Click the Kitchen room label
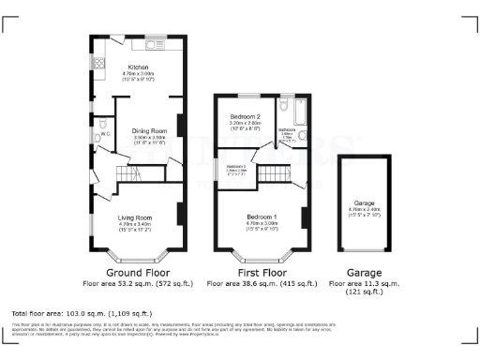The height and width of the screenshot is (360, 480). click(x=138, y=68)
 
